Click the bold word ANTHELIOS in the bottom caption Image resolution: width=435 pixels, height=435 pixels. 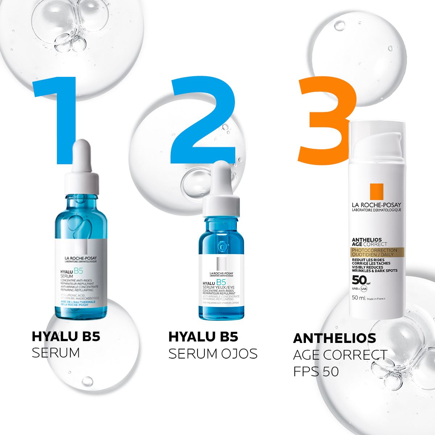pos(334,338)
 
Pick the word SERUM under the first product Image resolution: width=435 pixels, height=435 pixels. pos(55,353)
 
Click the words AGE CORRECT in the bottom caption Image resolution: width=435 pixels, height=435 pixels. pos(340,355)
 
